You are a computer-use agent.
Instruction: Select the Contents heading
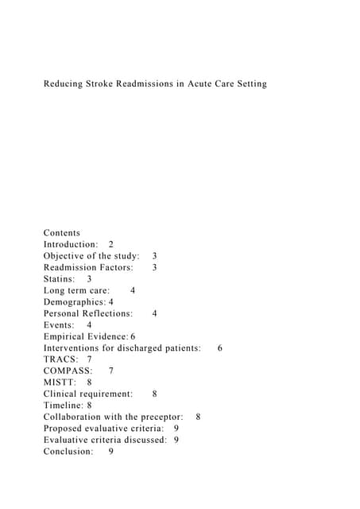61,233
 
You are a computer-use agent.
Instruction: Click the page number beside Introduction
110,244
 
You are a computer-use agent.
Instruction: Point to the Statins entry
59,279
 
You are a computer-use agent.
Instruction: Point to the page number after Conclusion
111,452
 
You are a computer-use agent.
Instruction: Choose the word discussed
143,440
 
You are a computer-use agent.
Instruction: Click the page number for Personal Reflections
154,313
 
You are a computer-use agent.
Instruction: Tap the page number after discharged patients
219,348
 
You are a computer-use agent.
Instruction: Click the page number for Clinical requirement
154,394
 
